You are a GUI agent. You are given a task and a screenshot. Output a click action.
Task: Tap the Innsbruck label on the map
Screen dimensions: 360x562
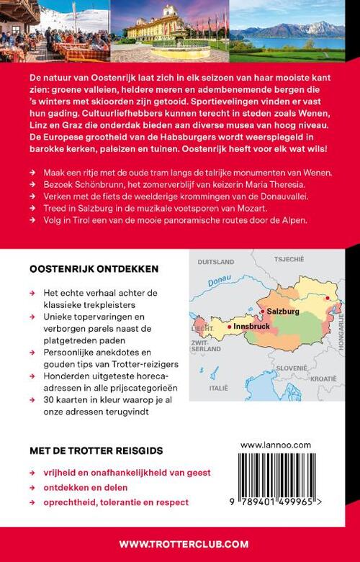(252, 327)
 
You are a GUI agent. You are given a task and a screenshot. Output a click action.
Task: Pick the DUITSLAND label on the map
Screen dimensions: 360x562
(215, 261)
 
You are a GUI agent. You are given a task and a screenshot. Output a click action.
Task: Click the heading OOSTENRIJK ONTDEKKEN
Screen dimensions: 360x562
(94, 268)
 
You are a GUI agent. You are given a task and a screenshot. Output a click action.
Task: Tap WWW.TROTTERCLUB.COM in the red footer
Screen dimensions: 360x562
(180, 544)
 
